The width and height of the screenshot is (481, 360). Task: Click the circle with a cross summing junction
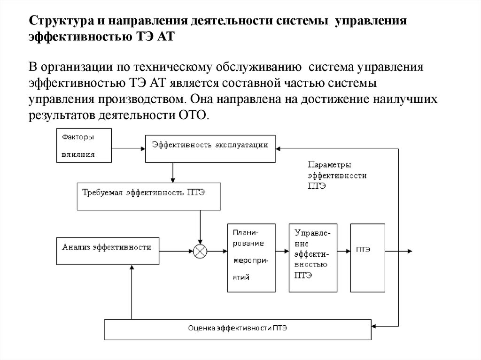[x=200, y=252]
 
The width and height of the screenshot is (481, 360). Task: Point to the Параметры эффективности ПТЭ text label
[x=337, y=175]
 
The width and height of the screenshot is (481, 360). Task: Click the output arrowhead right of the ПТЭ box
[x=411, y=251]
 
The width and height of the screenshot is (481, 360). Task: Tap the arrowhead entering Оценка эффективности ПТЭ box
[x=374, y=324]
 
